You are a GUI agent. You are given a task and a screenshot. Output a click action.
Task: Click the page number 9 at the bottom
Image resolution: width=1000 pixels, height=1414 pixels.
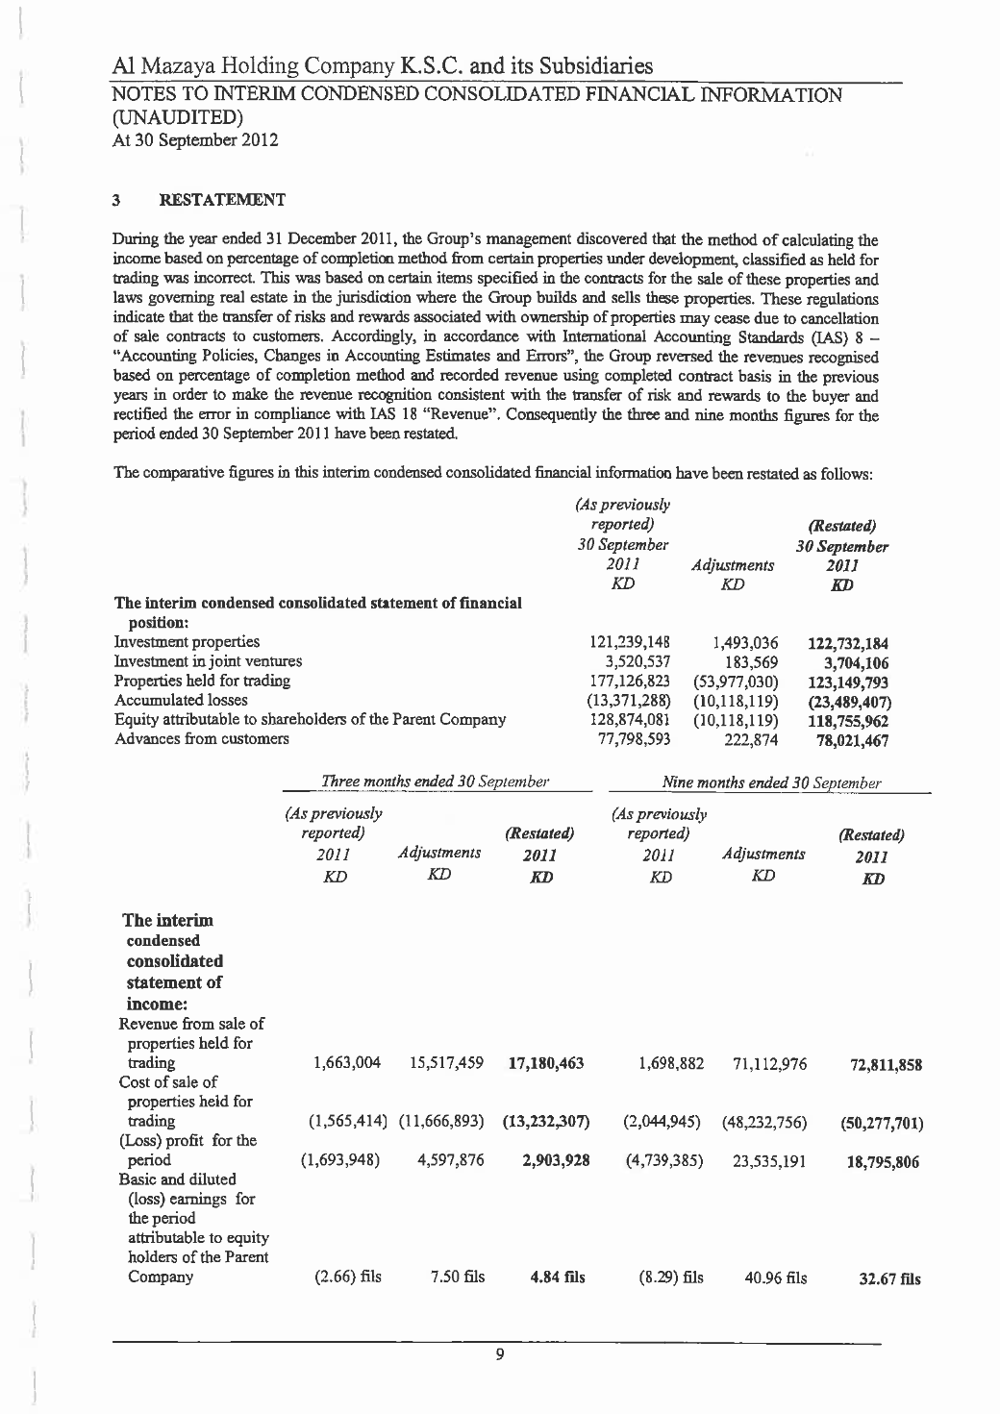tap(499, 1355)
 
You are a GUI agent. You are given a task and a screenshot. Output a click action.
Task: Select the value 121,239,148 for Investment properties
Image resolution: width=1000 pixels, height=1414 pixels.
tap(629, 641)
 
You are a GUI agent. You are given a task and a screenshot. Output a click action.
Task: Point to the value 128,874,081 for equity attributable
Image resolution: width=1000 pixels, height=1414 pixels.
tap(629, 719)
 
